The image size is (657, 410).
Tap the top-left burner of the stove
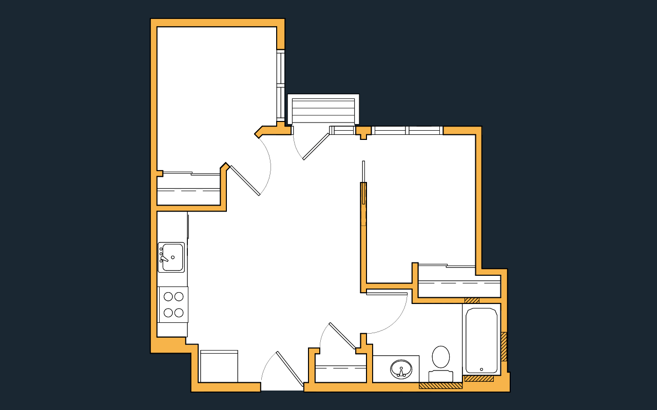(x=168, y=296)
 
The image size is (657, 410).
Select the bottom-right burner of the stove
(x=179, y=312)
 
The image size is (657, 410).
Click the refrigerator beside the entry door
(x=219, y=367)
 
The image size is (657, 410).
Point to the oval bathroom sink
(x=401, y=369)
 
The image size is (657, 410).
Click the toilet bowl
(x=440, y=356)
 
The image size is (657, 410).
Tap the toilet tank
(x=440, y=376)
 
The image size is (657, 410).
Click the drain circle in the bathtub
(x=481, y=370)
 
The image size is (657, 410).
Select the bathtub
(x=481, y=340)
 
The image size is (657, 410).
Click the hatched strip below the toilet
(x=440, y=385)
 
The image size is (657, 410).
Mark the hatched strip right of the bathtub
(x=504, y=346)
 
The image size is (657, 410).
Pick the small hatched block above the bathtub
(x=472, y=300)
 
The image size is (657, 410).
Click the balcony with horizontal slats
(x=323, y=110)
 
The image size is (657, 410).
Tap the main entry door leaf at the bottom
(x=290, y=368)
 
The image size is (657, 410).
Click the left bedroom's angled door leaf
(x=245, y=180)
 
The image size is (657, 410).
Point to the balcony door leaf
(x=316, y=147)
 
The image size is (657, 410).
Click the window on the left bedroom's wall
(x=280, y=85)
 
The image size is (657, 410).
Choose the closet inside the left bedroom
(x=188, y=190)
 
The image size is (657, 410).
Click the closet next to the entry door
(x=340, y=374)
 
